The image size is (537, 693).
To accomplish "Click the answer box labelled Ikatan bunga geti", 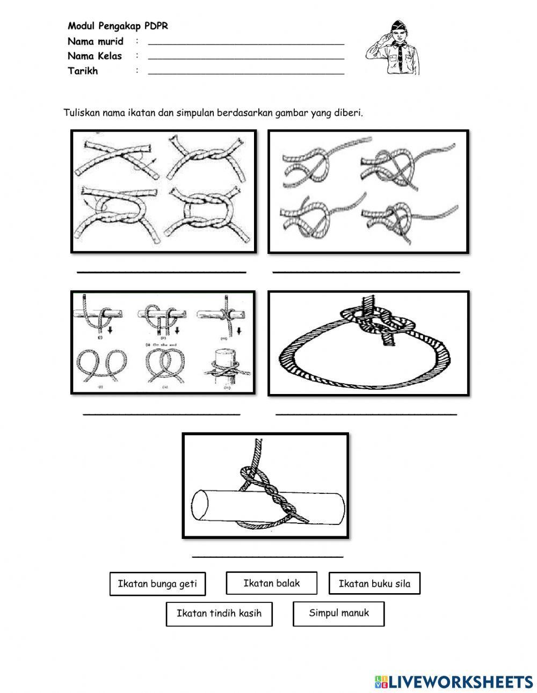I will pos(157,584).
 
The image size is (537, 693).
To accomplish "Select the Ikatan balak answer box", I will pos(271,583).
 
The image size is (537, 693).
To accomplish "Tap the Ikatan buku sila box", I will pos(374,584).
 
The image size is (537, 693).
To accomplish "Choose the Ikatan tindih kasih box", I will pos(219,614).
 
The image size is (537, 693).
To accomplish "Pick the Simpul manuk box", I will pos(338,613).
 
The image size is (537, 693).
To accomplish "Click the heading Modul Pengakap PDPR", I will pos(118,26).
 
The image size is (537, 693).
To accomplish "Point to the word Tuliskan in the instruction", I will pos(82,113).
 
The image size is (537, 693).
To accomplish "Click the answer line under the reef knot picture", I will pos(161,272).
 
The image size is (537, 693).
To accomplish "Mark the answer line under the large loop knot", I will pos(366,414).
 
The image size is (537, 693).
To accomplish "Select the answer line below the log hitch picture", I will pos(267,557).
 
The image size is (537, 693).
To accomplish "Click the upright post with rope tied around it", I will pos(226,365).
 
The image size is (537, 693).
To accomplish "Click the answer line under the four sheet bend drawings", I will pos(366,272).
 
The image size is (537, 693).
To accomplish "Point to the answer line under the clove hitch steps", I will pos(161,414).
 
